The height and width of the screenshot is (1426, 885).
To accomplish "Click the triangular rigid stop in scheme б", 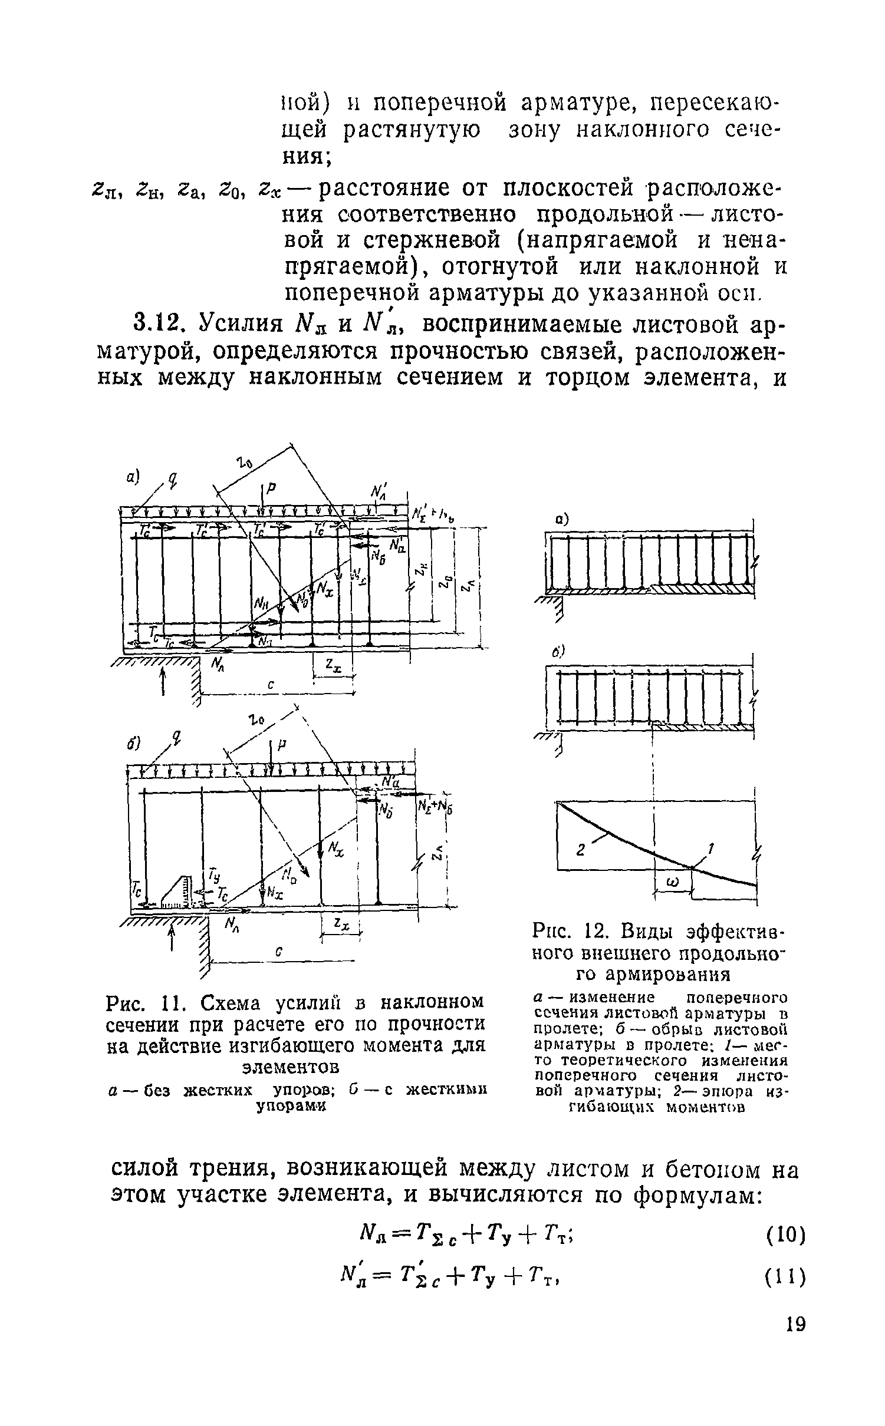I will [x=176, y=892].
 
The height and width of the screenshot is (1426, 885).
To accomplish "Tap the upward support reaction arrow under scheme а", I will [x=163, y=682].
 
